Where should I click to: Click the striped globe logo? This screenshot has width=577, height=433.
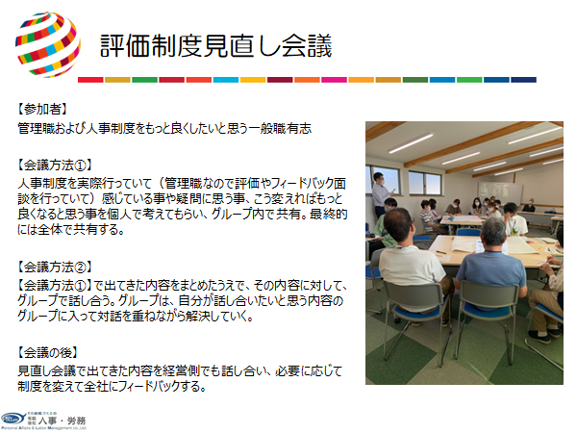tap(48, 44)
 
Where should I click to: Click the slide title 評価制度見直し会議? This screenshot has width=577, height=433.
tap(216, 46)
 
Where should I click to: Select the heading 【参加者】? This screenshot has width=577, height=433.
tap(42, 109)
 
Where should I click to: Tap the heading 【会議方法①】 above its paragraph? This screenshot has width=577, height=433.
tap(55, 166)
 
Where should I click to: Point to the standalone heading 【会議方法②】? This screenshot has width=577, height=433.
tap(55, 267)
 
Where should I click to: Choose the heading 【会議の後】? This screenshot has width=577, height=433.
tap(47, 353)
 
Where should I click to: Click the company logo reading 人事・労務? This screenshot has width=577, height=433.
tap(43, 420)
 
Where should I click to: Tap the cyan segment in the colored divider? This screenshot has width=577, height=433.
tap(226, 80)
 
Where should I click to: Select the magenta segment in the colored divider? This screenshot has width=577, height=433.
tap(334, 80)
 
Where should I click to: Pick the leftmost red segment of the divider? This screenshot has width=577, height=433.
tap(90, 80)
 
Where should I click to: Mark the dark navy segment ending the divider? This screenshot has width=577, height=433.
tap(524, 80)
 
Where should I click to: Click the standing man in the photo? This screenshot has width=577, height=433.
tap(381, 194)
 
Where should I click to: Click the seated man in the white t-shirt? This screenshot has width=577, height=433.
tap(411, 266)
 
